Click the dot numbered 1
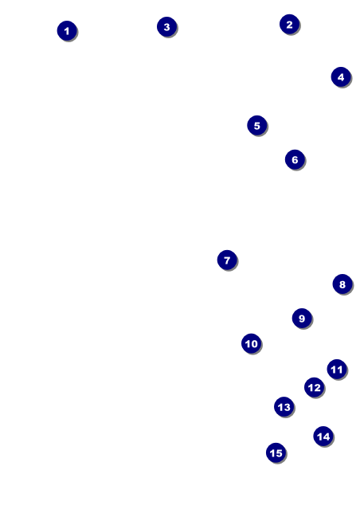67,31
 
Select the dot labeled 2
289,24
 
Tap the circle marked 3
166,27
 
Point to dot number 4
341,77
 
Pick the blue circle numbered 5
257,125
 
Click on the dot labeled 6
295,159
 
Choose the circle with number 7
227,260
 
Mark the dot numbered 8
342,284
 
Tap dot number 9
302,318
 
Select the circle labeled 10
251,343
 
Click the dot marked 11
337,369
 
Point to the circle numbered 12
314,387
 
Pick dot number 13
284,407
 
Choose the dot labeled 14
323,436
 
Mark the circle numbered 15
276,452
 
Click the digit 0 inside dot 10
254,343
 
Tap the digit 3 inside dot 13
287,407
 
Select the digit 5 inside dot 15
279,453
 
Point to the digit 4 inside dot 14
327,436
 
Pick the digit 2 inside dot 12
317,388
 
